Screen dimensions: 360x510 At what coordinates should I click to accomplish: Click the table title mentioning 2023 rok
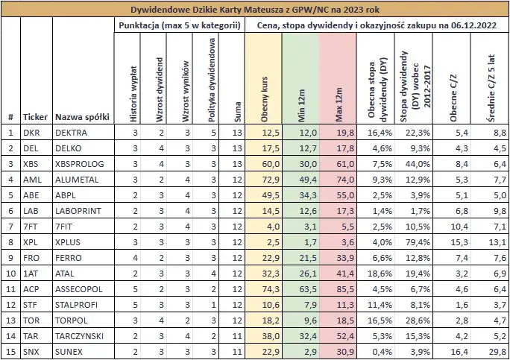[x=255, y=10]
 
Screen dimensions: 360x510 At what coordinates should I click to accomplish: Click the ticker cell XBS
[x=31, y=163]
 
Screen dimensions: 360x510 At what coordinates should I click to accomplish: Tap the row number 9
[x=10, y=257]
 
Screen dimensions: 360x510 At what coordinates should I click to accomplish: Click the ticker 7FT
[x=31, y=226]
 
